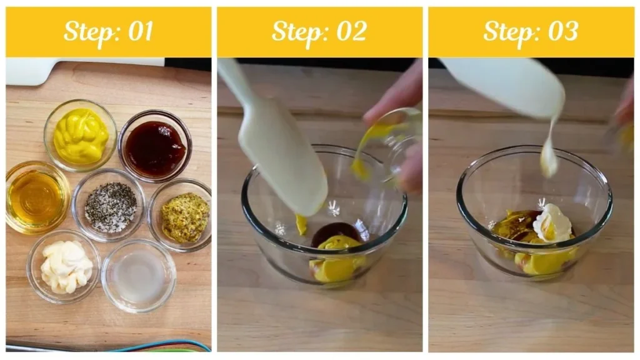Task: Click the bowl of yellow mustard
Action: tap(80, 136)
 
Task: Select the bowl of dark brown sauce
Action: tap(154, 147)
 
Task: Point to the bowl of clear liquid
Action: tap(138, 276)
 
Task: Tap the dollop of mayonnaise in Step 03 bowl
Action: tap(552, 224)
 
